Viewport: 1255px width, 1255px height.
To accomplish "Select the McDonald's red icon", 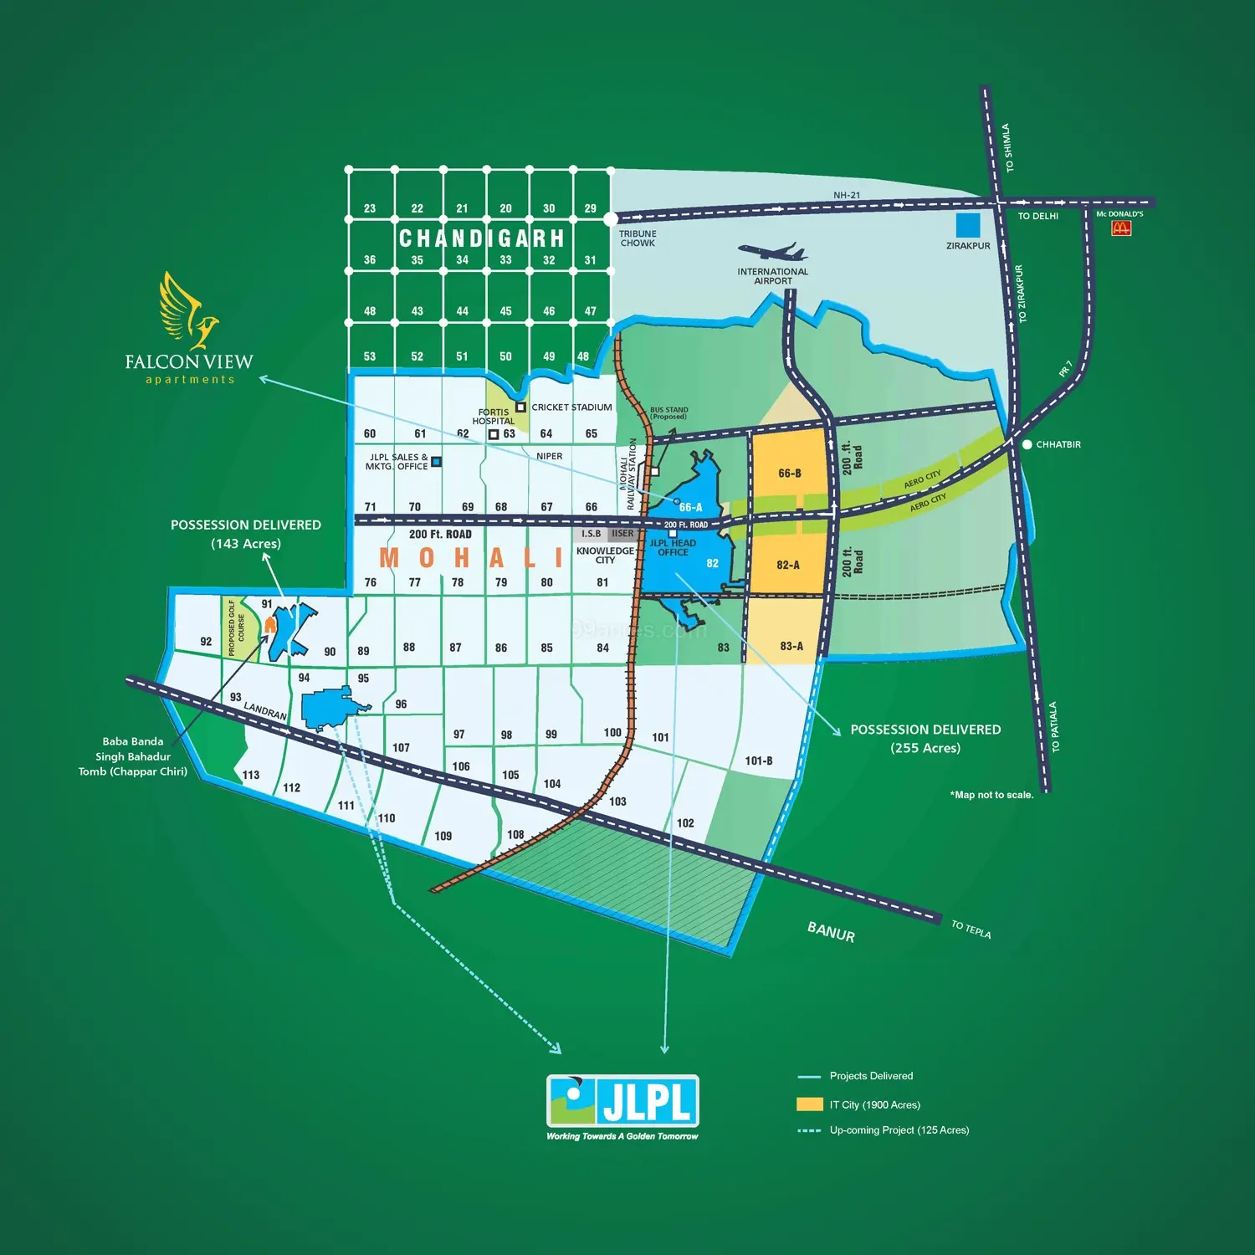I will pos(1121,228).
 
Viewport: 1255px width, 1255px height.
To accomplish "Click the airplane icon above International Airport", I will pos(772,251).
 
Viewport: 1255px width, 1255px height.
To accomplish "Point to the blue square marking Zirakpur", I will pos(968,225).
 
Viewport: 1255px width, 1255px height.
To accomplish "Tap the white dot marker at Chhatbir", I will pos(1027,444).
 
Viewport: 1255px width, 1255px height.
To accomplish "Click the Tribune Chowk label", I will pos(638,238).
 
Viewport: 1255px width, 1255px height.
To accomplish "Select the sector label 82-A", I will pos(788,565).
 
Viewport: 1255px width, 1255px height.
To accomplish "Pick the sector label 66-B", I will pos(789,474).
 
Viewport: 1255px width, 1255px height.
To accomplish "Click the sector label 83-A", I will pos(791,646).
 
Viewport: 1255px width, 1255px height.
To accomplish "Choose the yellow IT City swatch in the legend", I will pos(809,1104).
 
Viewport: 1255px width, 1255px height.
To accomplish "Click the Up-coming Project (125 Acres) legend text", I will pos(899,1130).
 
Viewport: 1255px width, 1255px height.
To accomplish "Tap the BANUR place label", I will pos(831,932).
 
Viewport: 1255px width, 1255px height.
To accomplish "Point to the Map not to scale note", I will pos(991,795).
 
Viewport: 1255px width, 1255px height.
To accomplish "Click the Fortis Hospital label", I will pos(493,417).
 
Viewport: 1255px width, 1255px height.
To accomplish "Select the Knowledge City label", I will pos(605,556).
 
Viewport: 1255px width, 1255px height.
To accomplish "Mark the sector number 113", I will pos(251,775).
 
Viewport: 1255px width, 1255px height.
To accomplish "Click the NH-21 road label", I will pos(846,195).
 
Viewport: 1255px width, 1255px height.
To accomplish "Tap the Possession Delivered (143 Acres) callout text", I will pos(246,534).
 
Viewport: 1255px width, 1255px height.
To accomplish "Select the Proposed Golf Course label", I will pos(236,627).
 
